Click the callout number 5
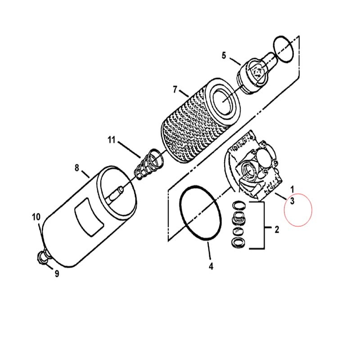coord(224,55)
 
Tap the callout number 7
coord(175,90)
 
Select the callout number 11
coord(111,140)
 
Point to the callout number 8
coord(76,168)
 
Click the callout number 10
coord(36,217)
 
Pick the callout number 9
coord(57,274)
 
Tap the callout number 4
coord(211,266)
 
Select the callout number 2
coord(277,229)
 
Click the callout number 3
coord(292,201)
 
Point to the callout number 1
coord(292,189)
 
